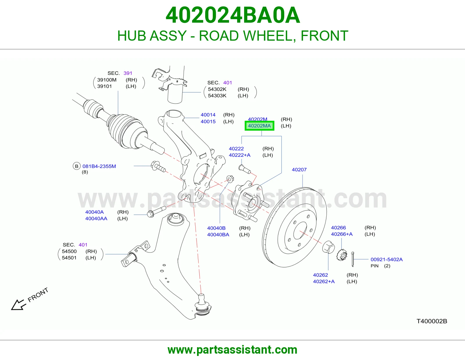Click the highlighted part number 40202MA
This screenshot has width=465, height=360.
click(x=259, y=126)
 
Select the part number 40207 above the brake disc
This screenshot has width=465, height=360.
click(x=299, y=170)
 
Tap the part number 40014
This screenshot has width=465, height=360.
click(x=208, y=115)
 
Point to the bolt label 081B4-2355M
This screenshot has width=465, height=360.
click(x=99, y=166)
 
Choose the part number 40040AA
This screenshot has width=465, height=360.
click(x=96, y=219)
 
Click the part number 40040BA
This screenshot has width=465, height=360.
click(x=218, y=235)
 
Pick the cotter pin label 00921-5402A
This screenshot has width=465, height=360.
click(x=387, y=259)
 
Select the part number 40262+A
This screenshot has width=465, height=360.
click(x=324, y=281)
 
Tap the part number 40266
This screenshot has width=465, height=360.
click(x=338, y=227)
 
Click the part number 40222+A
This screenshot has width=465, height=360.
click(x=240, y=155)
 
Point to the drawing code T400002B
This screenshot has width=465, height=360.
click(x=432, y=321)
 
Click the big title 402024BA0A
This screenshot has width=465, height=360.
click(x=233, y=15)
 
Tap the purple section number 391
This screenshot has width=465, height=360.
click(x=128, y=73)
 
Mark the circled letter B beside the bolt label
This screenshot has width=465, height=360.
click(x=77, y=166)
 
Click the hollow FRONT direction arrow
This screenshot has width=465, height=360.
click(x=19, y=305)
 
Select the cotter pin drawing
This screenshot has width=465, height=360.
click(x=353, y=259)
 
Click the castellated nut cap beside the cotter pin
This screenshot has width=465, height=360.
click(x=342, y=255)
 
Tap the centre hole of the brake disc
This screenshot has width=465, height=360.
click(x=301, y=231)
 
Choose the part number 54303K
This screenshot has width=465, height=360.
click(x=217, y=96)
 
